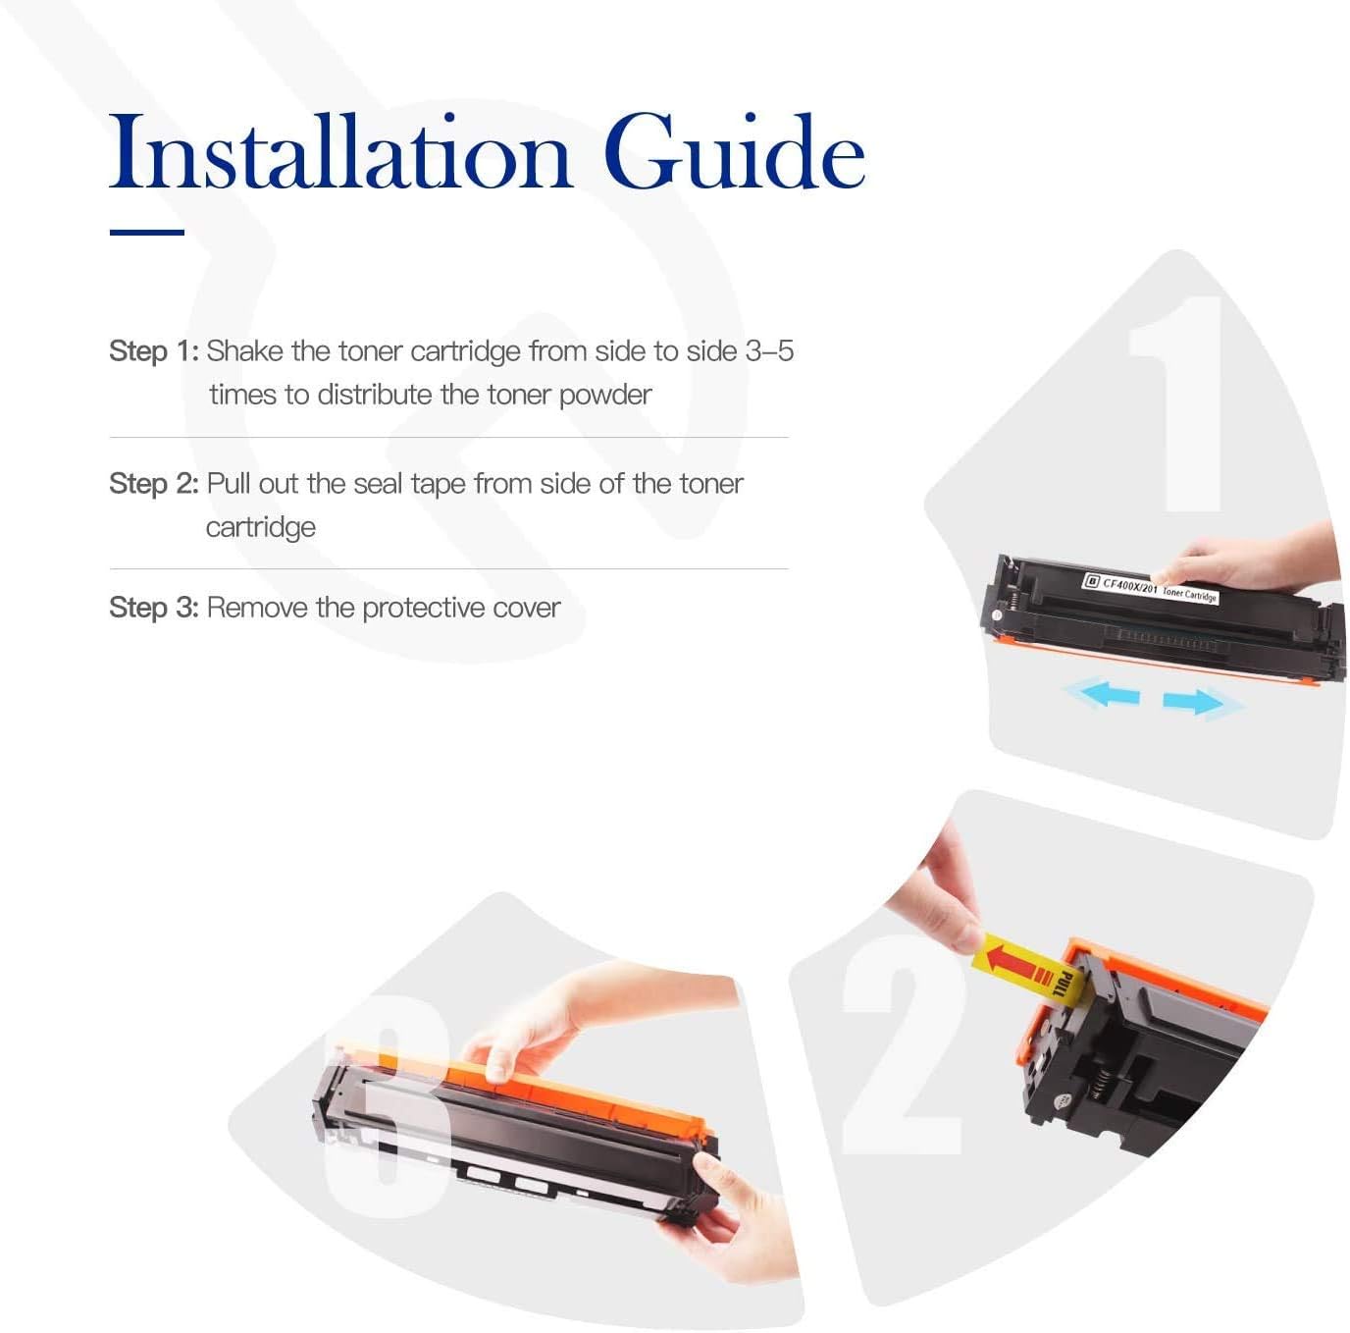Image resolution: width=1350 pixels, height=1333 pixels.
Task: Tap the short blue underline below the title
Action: tap(147, 232)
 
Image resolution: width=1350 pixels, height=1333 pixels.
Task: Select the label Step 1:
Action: tap(154, 351)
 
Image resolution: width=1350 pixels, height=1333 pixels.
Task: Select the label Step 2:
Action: tap(154, 484)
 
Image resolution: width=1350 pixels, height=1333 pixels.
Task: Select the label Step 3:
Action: tap(154, 608)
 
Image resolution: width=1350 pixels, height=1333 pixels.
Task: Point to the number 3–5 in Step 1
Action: tap(769, 351)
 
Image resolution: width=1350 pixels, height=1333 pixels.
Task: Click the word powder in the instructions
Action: tap(605, 396)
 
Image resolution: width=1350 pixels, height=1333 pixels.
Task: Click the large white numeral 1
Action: tap(1175, 403)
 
